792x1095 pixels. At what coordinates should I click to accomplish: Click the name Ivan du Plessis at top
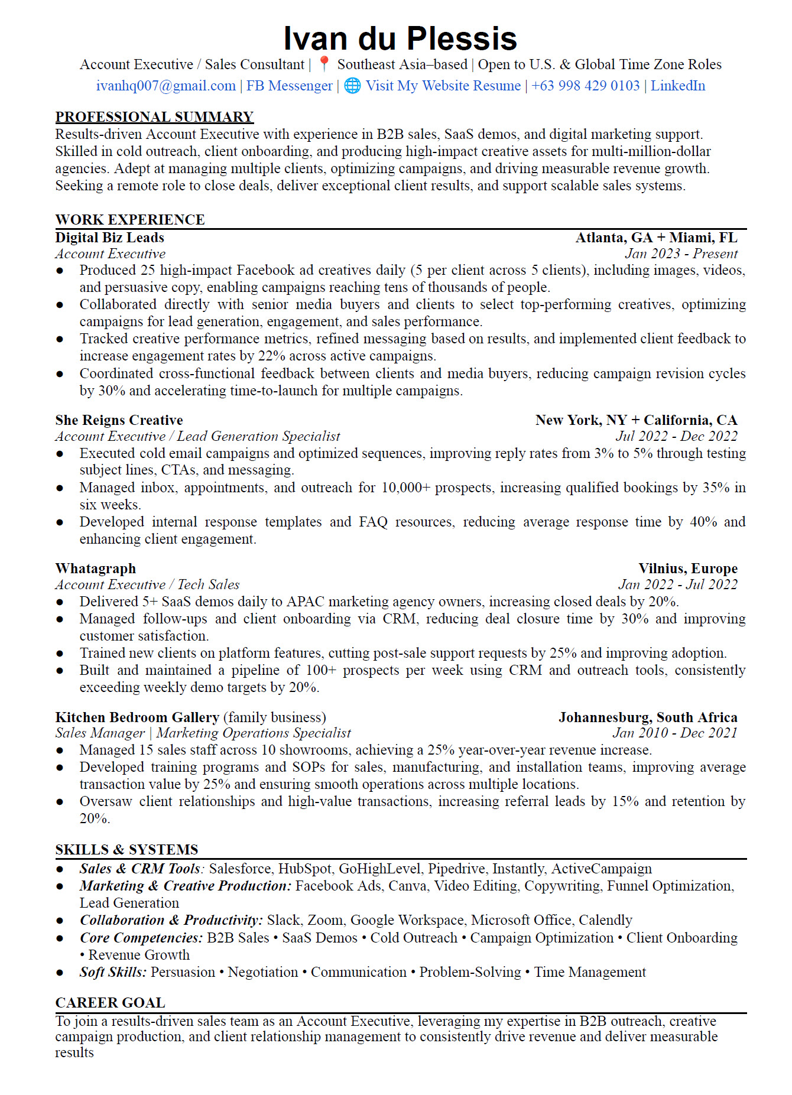pyautogui.click(x=400, y=39)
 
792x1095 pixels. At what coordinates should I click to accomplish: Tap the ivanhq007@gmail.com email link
pyautogui.click(x=165, y=86)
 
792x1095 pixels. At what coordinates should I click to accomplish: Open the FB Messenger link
pyautogui.click(x=289, y=86)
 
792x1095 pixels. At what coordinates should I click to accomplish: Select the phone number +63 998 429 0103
pyautogui.click(x=585, y=86)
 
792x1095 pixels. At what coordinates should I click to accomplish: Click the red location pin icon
pyautogui.click(x=323, y=64)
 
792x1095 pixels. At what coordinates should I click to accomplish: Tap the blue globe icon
pyautogui.click(x=352, y=86)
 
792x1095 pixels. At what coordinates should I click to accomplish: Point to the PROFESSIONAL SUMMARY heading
pyautogui.click(x=154, y=116)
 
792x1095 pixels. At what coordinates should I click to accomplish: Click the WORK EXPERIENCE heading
pyautogui.click(x=130, y=220)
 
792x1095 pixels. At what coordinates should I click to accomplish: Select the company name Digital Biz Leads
pyautogui.click(x=109, y=238)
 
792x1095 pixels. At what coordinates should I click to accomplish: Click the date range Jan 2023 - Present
pyautogui.click(x=681, y=254)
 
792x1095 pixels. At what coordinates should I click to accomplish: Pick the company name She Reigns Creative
pyautogui.click(x=119, y=420)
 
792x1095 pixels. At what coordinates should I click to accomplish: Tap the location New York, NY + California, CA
pyautogui.click(x=636, y=420)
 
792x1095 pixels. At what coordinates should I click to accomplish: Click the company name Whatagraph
pyautogui.click(x=95, y=568)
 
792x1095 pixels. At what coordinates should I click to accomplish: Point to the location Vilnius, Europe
pyautogui.click(x=687, y=568)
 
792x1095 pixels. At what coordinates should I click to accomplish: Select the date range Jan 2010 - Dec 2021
pyautogui.click(x=674, y=733)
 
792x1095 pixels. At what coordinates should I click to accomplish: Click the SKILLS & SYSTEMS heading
pyautogui.click(x=126, y=850)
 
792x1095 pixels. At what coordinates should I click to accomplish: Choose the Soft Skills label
pyautogui.click(x=113, y=972)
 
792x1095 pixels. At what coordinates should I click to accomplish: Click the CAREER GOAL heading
pyautogui.click(x=110, y=1003)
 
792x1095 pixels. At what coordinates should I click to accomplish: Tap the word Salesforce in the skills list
pyautogui.click(x=240, y=869)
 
